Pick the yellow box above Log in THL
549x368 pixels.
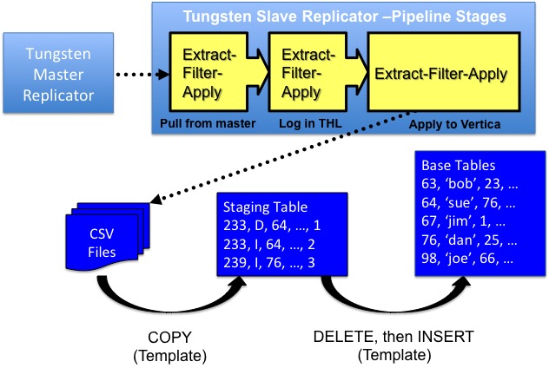click(x=302, y=74)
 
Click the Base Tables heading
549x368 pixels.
click(x=459, y=165)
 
